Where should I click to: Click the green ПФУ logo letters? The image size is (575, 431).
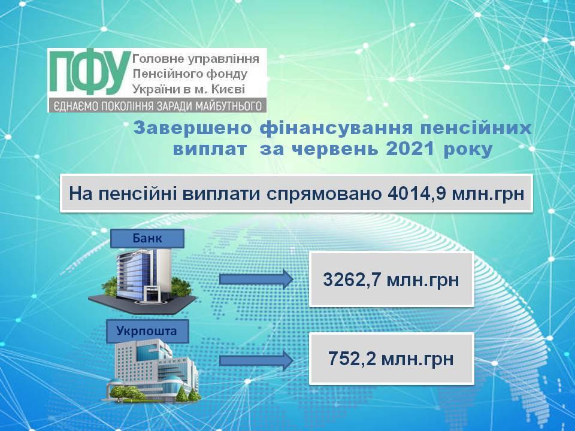[90, 74]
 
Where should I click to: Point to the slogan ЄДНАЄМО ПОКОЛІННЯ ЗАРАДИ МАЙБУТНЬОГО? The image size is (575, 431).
[158, 106]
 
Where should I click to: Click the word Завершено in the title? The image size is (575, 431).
[193, 128]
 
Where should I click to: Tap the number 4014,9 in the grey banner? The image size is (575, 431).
[416, 193]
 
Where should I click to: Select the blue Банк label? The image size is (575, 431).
[147, 238]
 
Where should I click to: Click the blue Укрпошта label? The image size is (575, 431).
[147, 331]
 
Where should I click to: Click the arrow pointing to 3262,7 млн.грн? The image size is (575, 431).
[256, 279]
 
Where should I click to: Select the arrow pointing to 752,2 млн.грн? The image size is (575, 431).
[256, 360]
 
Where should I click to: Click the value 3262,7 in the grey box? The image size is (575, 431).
[352, 280]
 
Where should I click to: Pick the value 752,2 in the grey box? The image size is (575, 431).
[352, 359]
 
